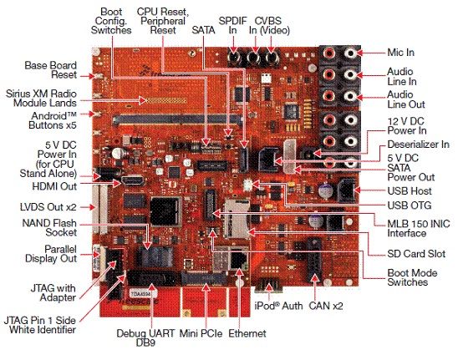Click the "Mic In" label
click(400, 53)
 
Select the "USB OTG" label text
click(410, 205)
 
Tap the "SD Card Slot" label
click(416, 254)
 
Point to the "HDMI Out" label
click(54, 186)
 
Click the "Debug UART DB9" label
click(146, 338)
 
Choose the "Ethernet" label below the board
click(247, 333)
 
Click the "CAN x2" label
click(326, 306)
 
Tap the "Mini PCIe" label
click(201, 333)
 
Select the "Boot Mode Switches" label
click(412, 277)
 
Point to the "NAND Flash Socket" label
click(49, 227)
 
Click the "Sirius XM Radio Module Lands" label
click(41, 99)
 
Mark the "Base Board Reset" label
click(50, 70)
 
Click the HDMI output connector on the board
click(133, 180)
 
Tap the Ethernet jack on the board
click(238, 261)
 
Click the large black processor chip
click(165, 211)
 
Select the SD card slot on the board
click(237, 218)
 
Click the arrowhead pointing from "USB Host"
click(357, 190)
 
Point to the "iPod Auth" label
click(278, 306)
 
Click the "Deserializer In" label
click(419, 145)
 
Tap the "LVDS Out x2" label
click(48, 207)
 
